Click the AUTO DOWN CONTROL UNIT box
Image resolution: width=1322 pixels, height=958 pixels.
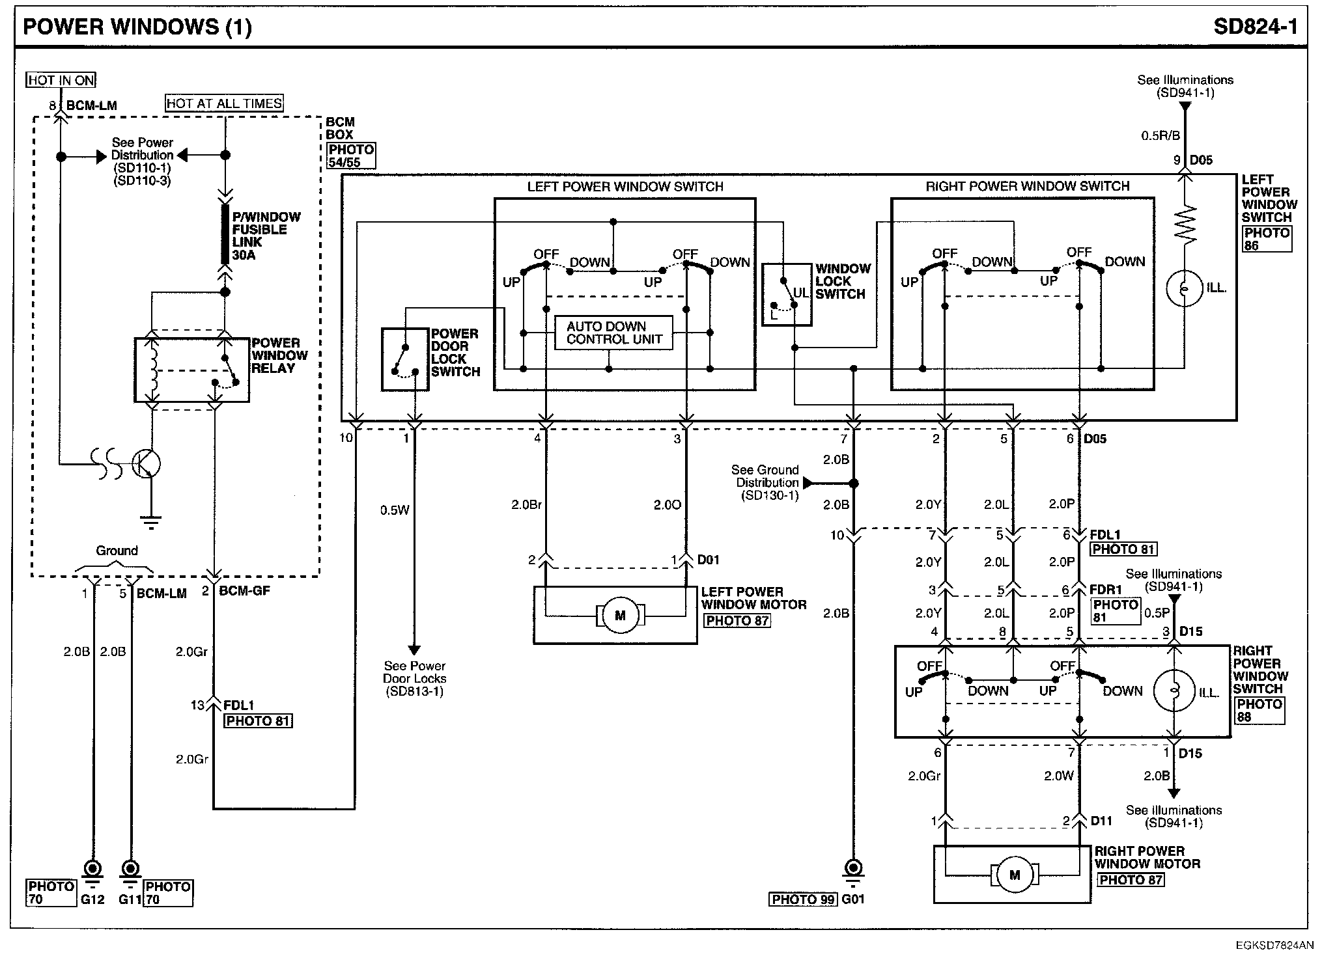(x=613, y=333)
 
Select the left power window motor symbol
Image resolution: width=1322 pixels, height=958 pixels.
(x=619, y=615)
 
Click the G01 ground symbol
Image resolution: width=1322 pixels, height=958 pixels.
(x=853, y=874)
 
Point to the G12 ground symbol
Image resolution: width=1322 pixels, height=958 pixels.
(x=92, y=874)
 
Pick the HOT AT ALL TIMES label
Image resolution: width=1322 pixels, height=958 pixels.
(x=224, y=103)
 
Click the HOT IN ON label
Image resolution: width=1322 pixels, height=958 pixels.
(x=61, y=80)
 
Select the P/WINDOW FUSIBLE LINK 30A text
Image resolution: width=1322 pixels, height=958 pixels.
(x=266, y=236)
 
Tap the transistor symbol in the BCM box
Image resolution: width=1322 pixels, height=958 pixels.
(x=145, y=464)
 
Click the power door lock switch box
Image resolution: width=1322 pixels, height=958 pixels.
(x=405, y=359)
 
